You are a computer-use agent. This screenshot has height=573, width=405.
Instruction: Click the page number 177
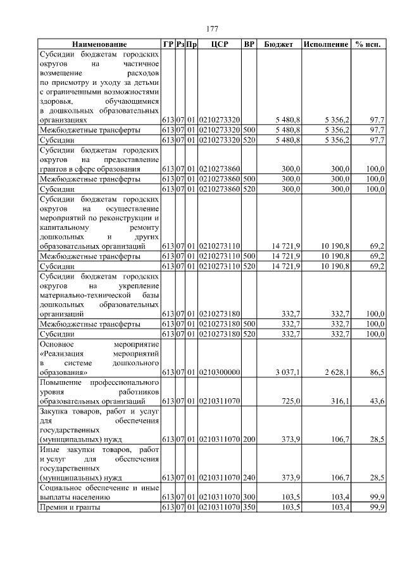click(212, 29)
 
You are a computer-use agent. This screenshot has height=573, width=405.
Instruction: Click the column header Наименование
click(99, 45)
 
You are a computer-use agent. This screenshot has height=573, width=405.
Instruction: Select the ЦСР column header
click(220, 45)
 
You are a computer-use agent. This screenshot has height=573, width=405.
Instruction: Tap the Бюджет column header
click(278, 45)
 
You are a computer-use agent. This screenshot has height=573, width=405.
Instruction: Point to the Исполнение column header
click(326, 45)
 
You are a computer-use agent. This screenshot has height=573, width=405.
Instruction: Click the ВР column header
click(249, 45)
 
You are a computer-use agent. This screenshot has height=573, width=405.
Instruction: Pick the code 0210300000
click(220, 373)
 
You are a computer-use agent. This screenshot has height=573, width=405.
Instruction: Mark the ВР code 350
click(249, 508)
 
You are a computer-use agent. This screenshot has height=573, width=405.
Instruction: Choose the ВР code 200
click(249, 439)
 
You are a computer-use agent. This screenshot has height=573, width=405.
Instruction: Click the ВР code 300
click(249, 498)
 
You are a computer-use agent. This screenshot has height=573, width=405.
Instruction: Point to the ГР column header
click(168, 45)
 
